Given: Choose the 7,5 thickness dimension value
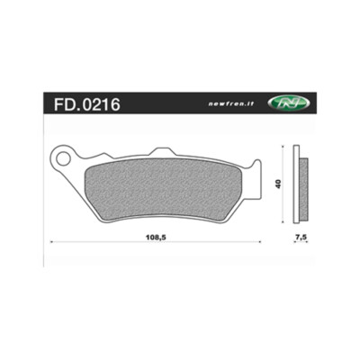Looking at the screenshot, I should [x=302, y=240].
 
